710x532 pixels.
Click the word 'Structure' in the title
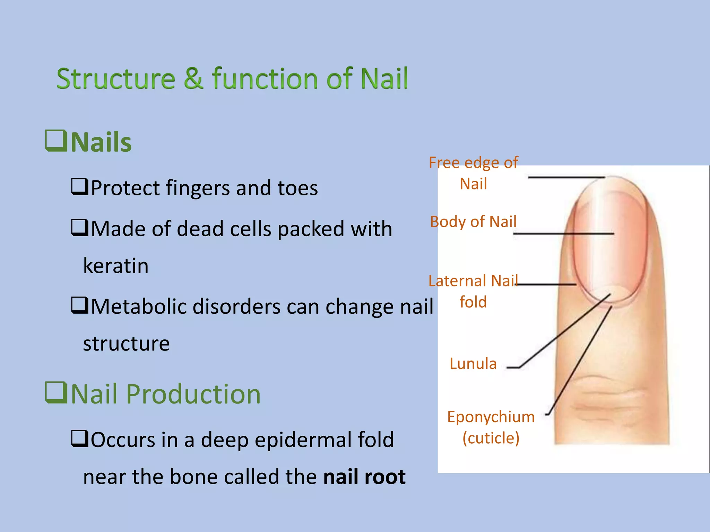[116, 79]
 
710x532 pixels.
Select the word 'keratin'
[116, 266]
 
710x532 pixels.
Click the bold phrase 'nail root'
[364, 477]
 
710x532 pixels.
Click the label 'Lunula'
[473, 364]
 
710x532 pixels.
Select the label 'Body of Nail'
[473, 222]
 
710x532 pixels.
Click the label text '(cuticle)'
[491, 438]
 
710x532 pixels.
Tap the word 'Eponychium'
[491, 417]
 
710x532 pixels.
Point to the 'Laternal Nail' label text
[473, 281]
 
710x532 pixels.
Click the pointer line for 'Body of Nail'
[563, 234]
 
